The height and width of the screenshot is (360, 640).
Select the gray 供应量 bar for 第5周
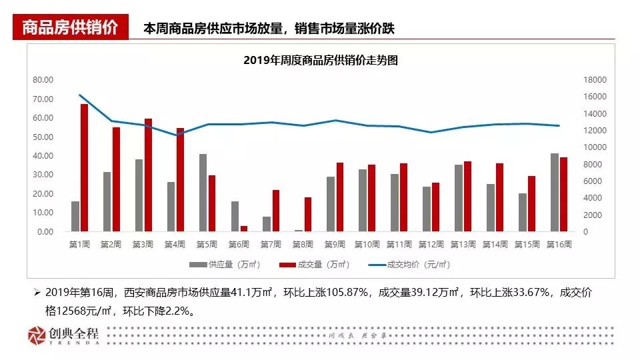[x=203, y=193]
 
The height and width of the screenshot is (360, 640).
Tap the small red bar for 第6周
[x=244, y=229]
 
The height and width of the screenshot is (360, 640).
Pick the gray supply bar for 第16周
[x=555, y=193]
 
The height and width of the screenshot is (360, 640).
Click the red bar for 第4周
[x=180, y=180]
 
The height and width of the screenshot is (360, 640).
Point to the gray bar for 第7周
[x=267, y=224]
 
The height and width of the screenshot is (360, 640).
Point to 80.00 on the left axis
[x=43, y=79]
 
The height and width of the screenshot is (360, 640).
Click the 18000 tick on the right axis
[x=594, y=79]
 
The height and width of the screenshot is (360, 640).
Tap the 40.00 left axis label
[x=43, y=155]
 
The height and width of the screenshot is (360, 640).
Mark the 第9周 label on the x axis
[x=335, y=245]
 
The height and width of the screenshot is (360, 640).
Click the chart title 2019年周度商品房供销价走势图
[x=321, y=60]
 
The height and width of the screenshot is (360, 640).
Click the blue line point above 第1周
[x=80, y=95]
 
